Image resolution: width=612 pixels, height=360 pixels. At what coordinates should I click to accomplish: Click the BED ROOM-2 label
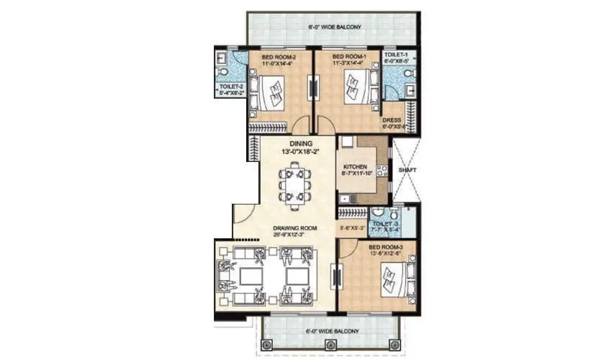click(276, 56)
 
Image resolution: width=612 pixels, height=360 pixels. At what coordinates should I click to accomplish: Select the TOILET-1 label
click(397, 55)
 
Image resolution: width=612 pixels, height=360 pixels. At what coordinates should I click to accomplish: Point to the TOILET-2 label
click(231, 86)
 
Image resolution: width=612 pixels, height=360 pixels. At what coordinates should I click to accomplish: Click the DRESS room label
click(392, 120)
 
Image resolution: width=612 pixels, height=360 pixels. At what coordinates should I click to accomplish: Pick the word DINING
click(297, 143)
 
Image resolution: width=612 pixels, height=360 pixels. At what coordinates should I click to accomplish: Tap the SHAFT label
click(408, 171)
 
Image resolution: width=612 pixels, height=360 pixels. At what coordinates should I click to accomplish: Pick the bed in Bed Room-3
click(392, 282)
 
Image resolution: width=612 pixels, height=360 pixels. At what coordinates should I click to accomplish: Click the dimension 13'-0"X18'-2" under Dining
click(297, 152)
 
